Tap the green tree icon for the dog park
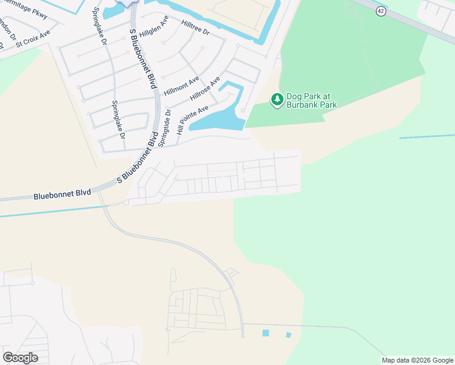[277, 99]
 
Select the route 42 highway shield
[380, 12]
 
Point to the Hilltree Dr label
[195, 28]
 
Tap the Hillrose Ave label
[205, 89]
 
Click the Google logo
[20, 358]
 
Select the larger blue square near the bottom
[265, 333]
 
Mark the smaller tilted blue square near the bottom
[288, 335]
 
